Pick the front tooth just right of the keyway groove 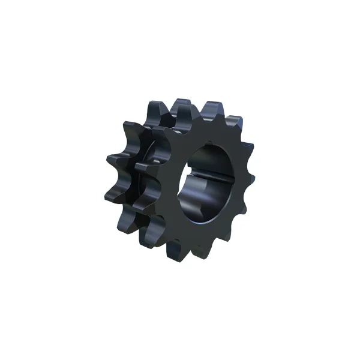point(248,178)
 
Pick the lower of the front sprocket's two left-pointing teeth point(144,201)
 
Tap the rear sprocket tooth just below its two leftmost point(129,219)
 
